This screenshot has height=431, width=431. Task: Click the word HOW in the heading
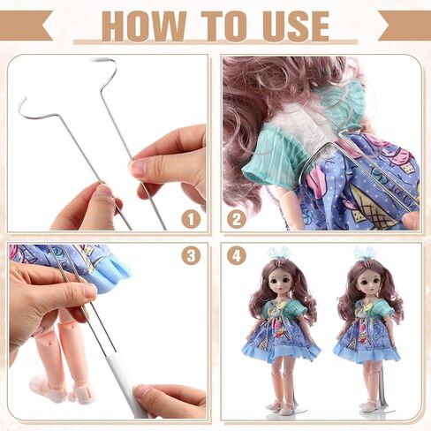(140, 26)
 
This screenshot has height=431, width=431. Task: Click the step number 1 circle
(191, 219)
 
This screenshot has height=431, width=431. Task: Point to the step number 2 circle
(236, 219)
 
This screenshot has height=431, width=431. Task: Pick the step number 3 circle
(191, 256)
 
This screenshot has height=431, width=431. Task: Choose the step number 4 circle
(236, 256)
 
